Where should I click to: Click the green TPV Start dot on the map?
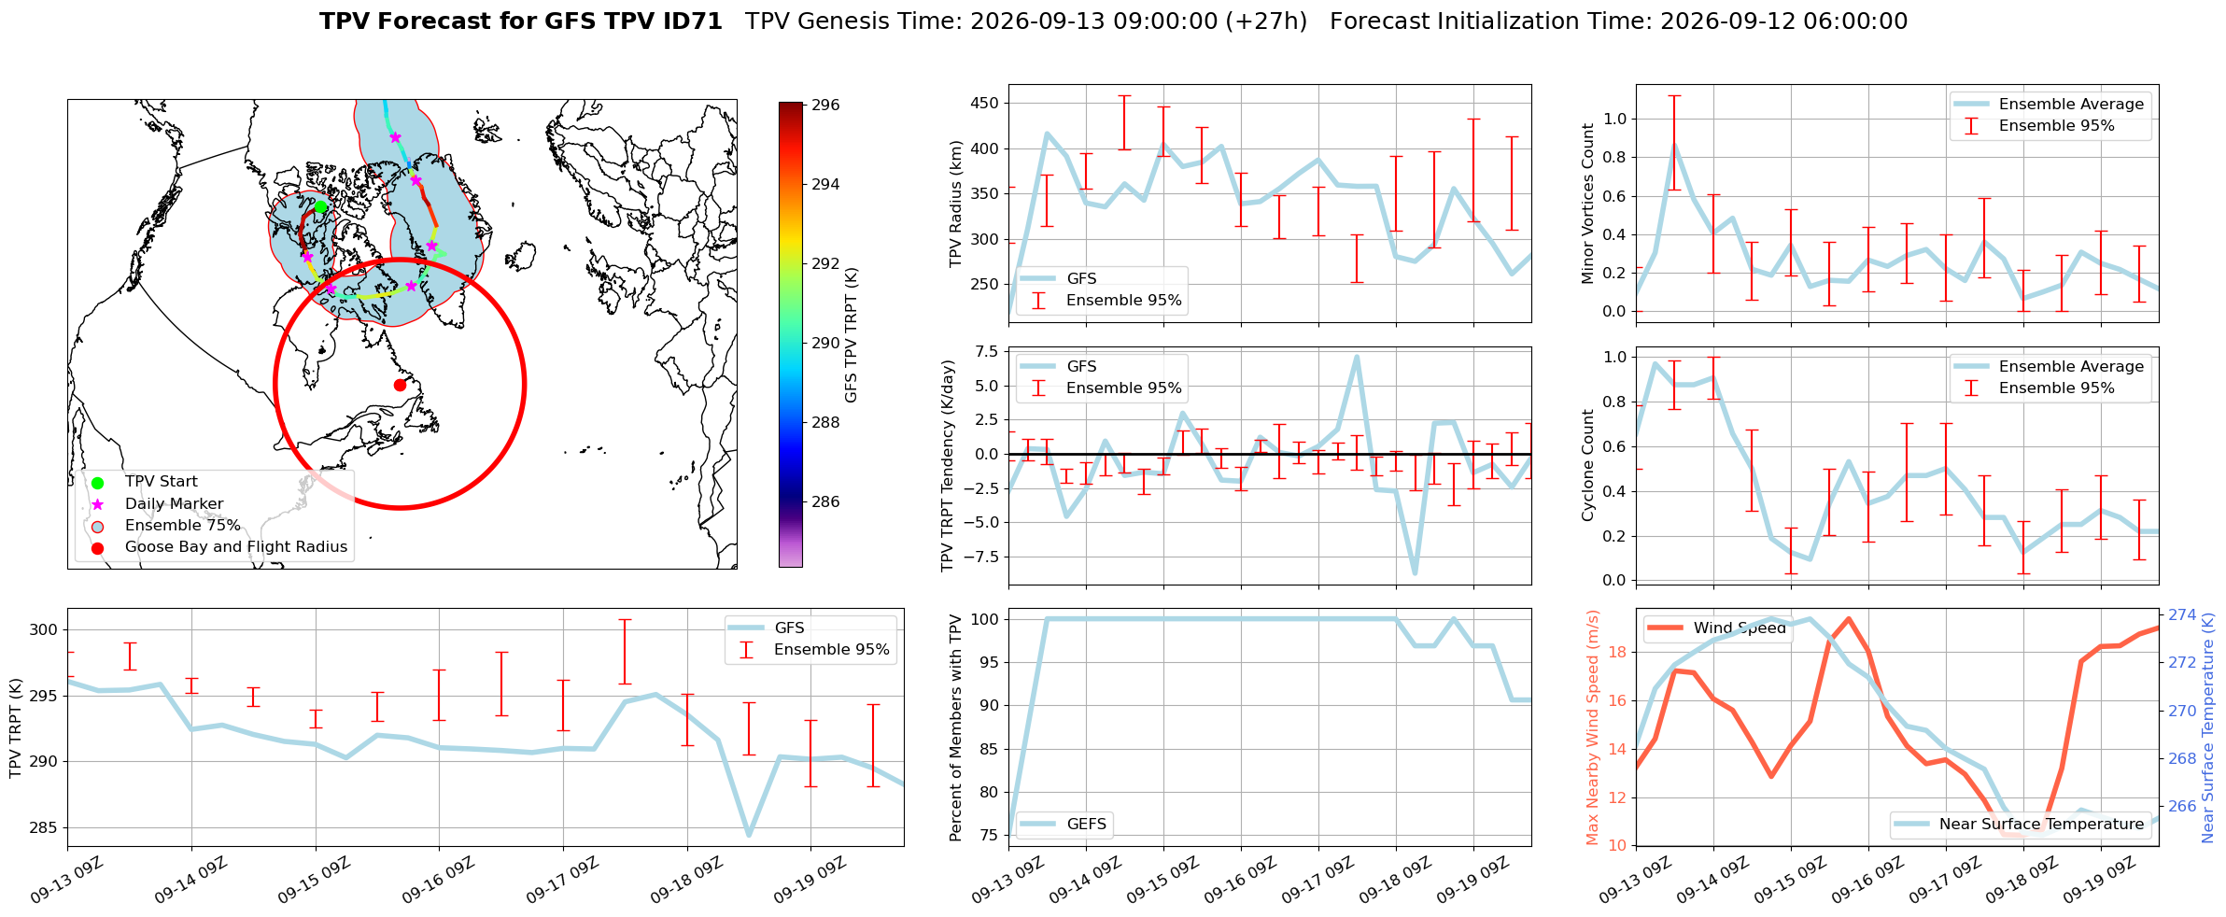[320, 206]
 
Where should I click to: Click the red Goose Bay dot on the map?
[400, 385]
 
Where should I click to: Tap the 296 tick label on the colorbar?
[825, 106]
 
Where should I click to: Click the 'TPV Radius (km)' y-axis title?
[955, 204]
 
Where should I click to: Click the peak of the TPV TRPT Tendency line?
[1357, 356]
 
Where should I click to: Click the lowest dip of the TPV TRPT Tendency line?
[1415, 573]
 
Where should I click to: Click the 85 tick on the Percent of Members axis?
[989, 749]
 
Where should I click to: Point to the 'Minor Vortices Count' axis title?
[1587, 204]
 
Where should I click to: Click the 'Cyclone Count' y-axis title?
[1587, 465]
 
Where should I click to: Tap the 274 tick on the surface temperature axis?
[2182, 614]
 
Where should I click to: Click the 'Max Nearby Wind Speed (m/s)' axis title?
[1593, 727]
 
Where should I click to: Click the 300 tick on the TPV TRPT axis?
[44, 630]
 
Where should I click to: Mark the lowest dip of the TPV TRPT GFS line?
[749, 834]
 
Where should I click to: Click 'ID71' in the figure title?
[691, 21]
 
